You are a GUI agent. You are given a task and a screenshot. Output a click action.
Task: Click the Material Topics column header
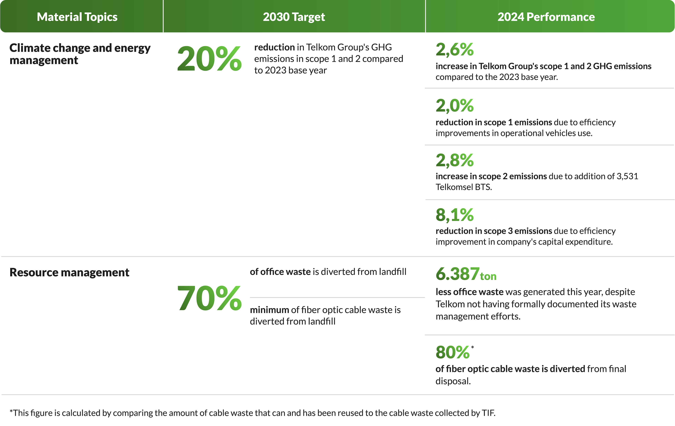(77, 17)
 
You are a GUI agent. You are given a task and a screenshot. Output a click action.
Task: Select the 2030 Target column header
(294, 17)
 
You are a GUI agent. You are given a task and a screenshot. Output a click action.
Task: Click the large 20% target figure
(209, 59)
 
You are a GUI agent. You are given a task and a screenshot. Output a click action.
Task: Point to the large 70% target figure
(209, 298)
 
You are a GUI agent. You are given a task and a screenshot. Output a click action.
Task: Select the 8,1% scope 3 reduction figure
(454, 215)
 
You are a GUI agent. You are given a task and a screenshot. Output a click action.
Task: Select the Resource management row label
(69, 272)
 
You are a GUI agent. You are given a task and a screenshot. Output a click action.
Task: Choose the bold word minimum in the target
(269, 310)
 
